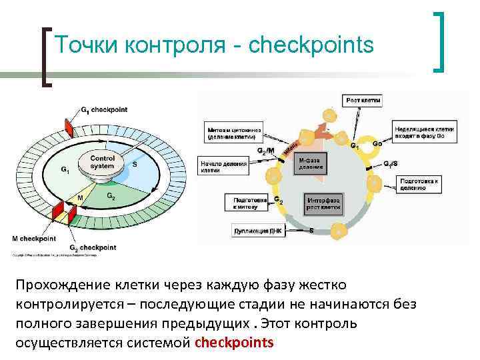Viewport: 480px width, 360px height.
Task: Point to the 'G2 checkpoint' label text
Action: [93, 247]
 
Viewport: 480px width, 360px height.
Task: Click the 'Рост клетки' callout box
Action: [363, 100]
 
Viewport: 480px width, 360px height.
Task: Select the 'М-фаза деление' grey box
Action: [310, 164]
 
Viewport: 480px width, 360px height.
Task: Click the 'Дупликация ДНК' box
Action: [258, 231]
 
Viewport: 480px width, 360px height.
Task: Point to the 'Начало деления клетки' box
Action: [221, 166]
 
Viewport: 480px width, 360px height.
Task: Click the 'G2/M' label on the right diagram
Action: [265, 151]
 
